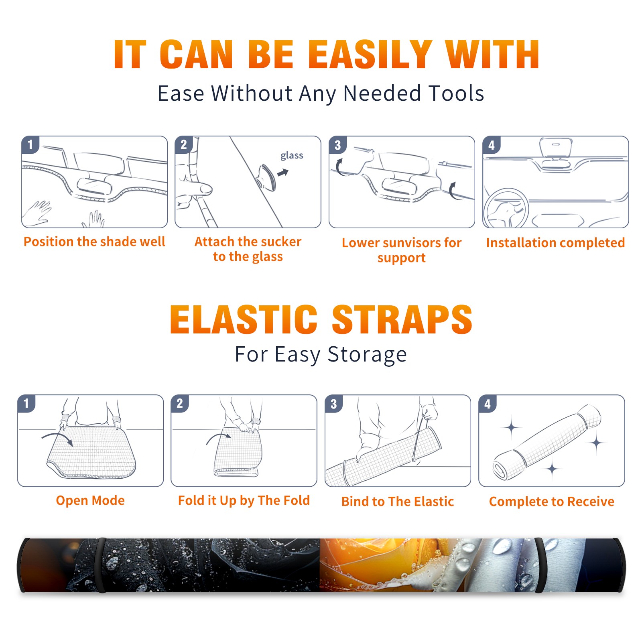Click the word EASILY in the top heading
click(370, 55)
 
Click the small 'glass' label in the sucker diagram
click(292, 156)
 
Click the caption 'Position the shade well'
click(94, 242)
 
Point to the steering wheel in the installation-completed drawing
click(506, 209)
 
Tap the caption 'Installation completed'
click(555, 243)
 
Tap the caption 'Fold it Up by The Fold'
click(244, 501)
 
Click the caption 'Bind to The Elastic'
click(398, 502)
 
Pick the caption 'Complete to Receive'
click(552, 502)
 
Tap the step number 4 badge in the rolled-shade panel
click(488, 404)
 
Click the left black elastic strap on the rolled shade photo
click(101, 565)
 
